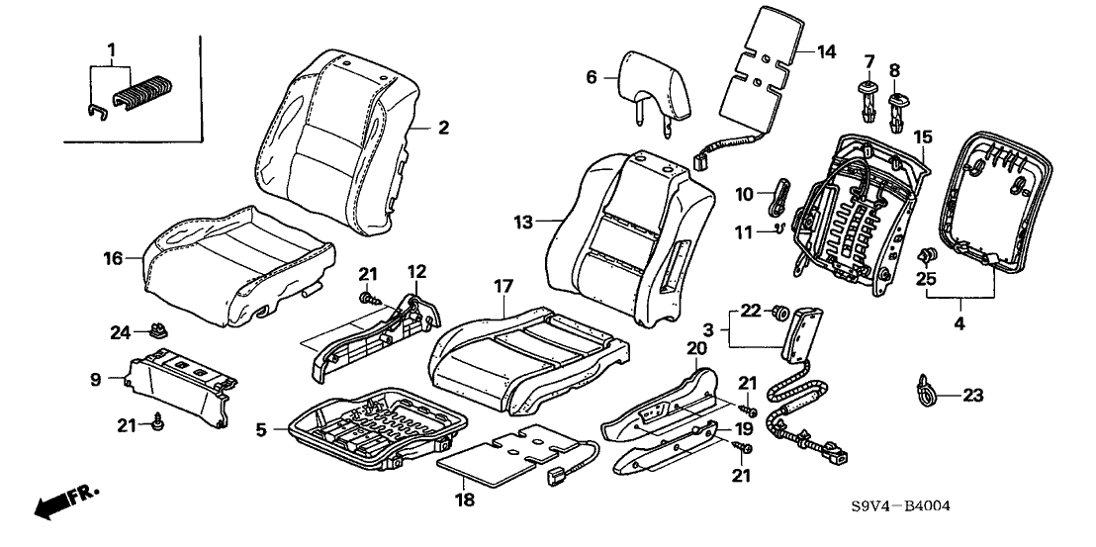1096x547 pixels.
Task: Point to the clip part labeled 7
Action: (x=868, y=100)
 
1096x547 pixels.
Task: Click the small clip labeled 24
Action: (x=155, y=330)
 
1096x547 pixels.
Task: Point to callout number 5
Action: (x=261, y=430)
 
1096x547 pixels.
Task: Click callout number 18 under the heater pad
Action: (x=465, y=500)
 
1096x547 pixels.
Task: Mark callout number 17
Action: (x=504, y=286)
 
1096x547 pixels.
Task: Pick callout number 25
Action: (x=925, y=281)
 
